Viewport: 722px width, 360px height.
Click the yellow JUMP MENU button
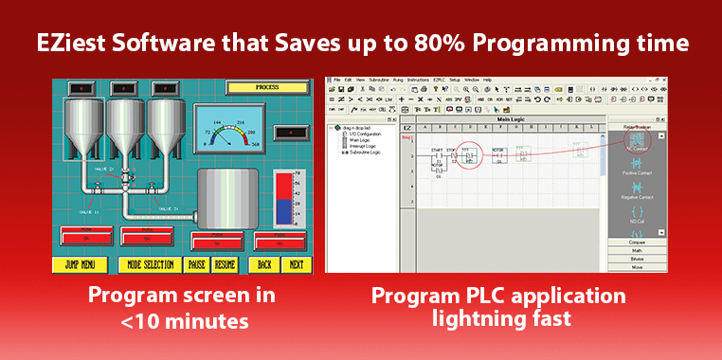coord(80,265)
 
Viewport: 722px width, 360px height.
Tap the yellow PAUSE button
coord(197,265)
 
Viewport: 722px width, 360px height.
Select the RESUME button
coord(226,265)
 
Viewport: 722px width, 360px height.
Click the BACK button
coord(264,265)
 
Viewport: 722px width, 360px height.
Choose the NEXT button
coord(297,265)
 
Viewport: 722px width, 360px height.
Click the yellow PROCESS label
coord(267,87)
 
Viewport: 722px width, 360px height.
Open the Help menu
coord(487,80)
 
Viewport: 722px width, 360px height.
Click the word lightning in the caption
coord(477,319)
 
